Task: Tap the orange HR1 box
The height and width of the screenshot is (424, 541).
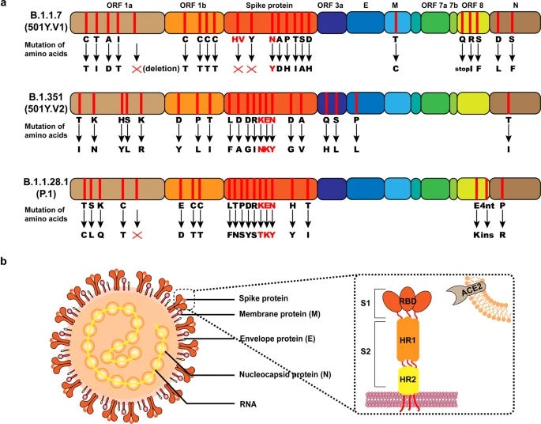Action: pos(408,340)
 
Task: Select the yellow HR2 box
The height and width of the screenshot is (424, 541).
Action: pos(408,380)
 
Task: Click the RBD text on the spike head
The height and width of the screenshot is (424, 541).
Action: pos(408,301)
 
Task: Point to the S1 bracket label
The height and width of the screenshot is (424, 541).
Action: pos(366,304)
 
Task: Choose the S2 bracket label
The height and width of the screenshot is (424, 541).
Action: pos(366,352)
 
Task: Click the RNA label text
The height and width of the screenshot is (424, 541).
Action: pos(248,404)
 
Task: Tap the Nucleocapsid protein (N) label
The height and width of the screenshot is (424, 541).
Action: pos(285,375)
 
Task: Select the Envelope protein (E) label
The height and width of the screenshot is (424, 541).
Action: pos(277,339)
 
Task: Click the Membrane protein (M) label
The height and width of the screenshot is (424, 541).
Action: pos(280,314)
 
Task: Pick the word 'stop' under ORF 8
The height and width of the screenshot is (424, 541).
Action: pos(462,69)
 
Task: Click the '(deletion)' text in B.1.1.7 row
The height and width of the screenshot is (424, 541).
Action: pos(161,68)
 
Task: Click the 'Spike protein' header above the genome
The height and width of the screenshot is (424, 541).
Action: pos(269,6)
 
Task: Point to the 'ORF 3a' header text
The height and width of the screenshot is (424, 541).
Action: pos(330,6)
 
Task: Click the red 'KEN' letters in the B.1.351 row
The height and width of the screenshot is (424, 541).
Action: pos(267,120)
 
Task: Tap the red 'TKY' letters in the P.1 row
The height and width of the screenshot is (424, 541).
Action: pos(267,235)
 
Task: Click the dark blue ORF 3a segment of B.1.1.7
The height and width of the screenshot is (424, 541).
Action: pos(331,22)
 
